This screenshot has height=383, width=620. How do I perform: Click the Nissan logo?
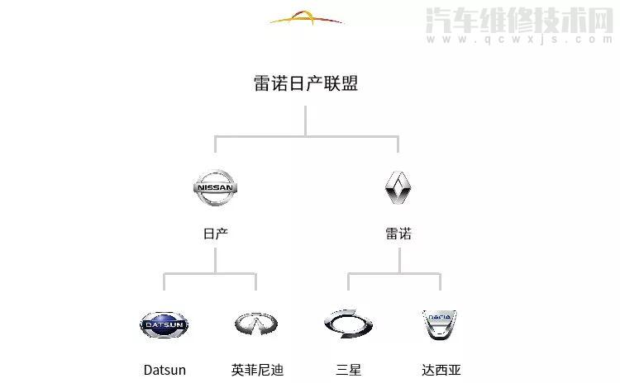pyautogui.click(x=215, y=188)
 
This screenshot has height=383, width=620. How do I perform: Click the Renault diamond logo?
pyautogui.click(x=398, y=188)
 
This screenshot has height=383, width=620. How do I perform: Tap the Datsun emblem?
pyautogui.click(x=164, y=324)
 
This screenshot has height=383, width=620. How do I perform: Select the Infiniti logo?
pyautogui.click(x=256, y=324)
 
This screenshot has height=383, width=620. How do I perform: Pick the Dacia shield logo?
pyautogui.click(x=439, y=325)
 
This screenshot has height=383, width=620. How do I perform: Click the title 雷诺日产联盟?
pyautogui.click(x=306, y=83)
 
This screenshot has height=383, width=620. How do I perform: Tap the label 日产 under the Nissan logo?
pyautogui.click(x=215, y=234)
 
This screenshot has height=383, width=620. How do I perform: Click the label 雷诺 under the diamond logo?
pyautogui.click(x=398, y=234)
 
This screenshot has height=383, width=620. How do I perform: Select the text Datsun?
pyautogui.click(x=165, y=370)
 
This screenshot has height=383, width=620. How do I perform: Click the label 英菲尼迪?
pyautogui.click(x=257, y=370)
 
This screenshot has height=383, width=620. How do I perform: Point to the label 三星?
pyautogui.click(x=349, y=370)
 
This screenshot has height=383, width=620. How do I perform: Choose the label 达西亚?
pyautogui.click(x=439, y=370)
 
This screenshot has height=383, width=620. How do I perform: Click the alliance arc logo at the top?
pyautogui.click(x=306, y=18)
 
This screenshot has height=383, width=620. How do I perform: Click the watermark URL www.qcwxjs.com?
pyautogui.click(x=517, y=38)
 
